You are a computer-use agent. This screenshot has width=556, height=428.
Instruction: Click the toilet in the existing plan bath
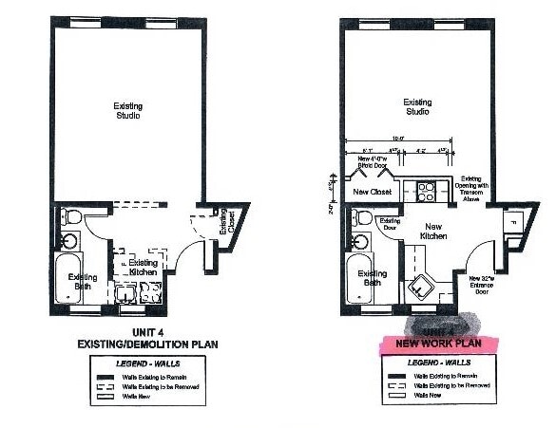point(72,219)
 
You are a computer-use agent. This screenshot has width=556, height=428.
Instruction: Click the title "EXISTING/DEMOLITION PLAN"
point(129,340)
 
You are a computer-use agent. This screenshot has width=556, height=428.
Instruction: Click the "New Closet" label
point(371,192)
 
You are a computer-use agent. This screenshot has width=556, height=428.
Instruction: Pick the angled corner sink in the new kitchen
point(419,286)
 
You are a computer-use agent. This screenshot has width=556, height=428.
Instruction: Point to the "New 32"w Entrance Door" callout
point(491,283)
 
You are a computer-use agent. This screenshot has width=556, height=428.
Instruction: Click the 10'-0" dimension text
point(398,140)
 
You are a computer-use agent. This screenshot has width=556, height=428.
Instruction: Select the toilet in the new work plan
point(361,218)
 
